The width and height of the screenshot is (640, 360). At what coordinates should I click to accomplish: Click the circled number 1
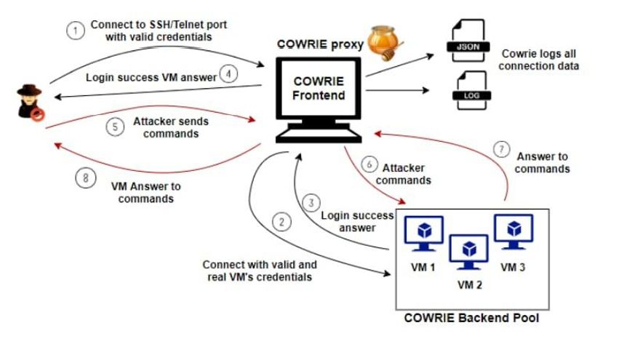[73, 31]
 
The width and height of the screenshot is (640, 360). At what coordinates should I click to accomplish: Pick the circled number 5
[113, 127]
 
